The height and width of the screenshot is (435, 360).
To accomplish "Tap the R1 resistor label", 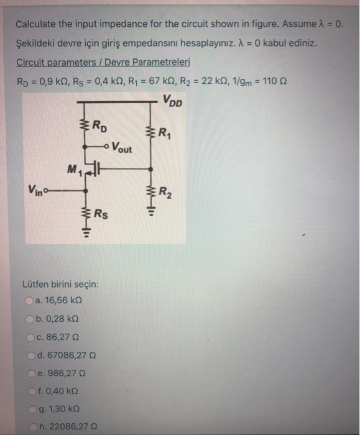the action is [165, 132].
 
